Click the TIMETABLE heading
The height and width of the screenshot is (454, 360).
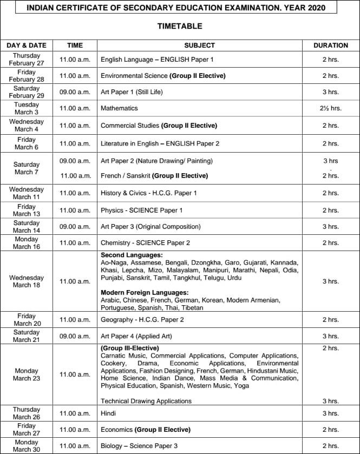(x=180, y=26)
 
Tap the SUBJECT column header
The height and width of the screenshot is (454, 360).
(x=199, y=45)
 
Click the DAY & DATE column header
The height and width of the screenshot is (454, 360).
(x=27, y=45)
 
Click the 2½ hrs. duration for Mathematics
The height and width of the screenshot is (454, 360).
(x=330, y=108)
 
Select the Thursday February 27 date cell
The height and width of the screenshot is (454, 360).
(x=27, y=60)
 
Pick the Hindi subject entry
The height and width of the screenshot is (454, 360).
(x=109, y=413)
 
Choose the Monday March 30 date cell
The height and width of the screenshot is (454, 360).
(x=27, y=446)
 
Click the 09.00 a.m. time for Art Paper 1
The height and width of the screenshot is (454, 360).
(x=75, y=92)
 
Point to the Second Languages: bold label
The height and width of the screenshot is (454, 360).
(x=132, y=255)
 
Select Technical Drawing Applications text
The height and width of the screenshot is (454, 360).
(x=146, y=401)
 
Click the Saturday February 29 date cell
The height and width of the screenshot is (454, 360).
(x=27, y=92)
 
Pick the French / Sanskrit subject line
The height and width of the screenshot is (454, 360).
(x=154, y=176)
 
